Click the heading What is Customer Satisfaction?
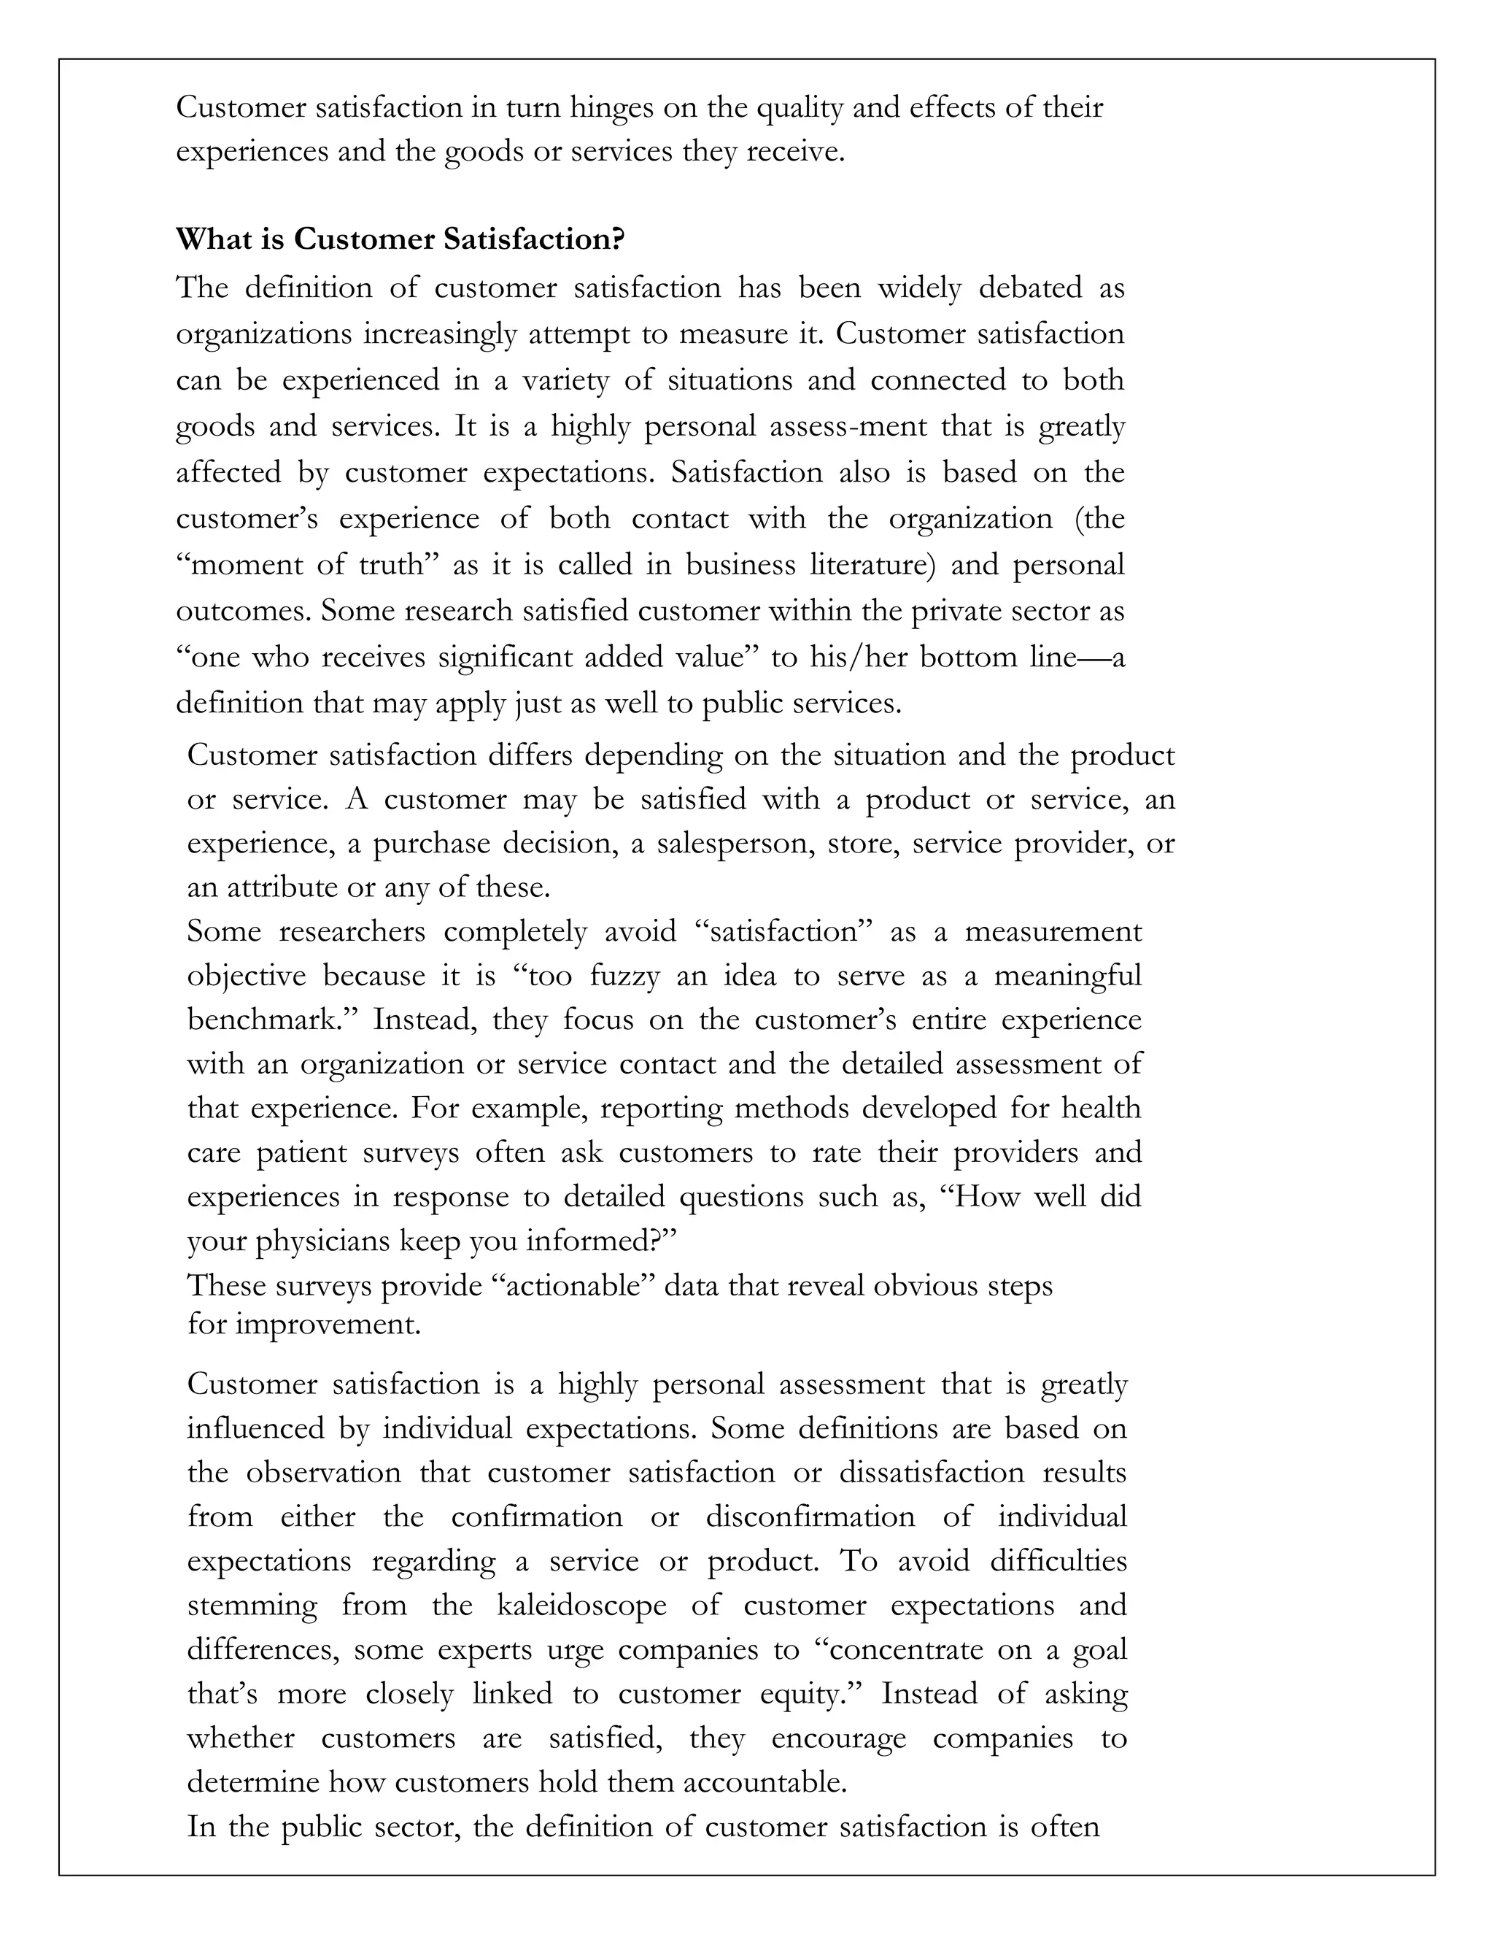(x=400, y=239)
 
